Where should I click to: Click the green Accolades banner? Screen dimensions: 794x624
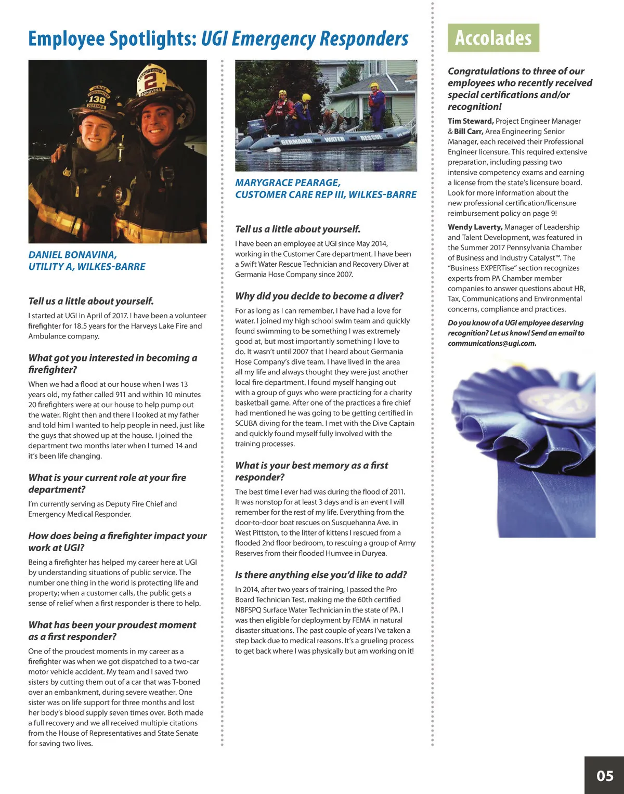[x=493, y=38]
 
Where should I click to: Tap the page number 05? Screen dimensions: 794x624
[x=605, y=776]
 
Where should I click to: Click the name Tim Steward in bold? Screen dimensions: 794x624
[x=471, y=121]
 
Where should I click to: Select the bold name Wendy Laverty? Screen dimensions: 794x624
[x=475, y=227]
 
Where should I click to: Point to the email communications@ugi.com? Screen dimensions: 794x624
[x=492, y=343]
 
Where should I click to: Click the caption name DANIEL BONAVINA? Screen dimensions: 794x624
[x=72, y=255]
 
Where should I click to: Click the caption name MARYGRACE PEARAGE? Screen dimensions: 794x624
[x=288, y=183]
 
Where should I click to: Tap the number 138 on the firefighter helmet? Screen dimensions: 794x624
[x=97, y=99]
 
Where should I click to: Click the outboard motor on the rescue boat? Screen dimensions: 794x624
[x=249, y=132]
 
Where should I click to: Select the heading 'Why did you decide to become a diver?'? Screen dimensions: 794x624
[x=319, y=296]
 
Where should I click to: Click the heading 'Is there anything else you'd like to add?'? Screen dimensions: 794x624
[x=321, y=575]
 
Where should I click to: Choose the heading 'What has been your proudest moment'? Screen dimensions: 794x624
[x=112, y=625]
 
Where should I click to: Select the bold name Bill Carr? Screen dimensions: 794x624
[x=469, y=132]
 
